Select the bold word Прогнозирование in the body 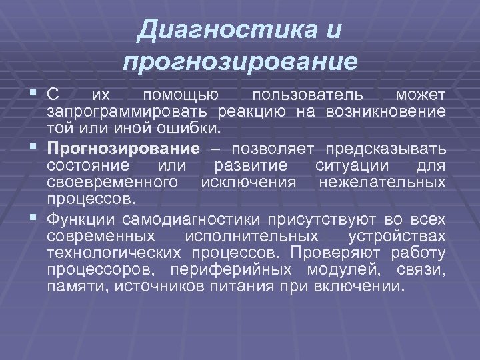pos(133,147)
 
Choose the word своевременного pos(112,182)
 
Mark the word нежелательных pos(383,182)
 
